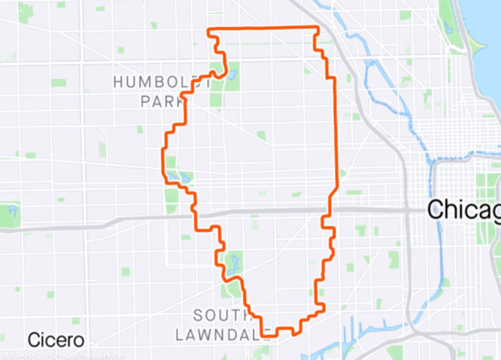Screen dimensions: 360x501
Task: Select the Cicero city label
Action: click(56, 339)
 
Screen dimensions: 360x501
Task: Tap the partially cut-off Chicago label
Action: click(464, 210)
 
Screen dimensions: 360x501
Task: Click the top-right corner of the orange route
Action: click(317, 27)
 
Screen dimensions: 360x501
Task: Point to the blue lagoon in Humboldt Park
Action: click(231, 75)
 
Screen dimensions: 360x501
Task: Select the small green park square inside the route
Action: click(261, 135)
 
